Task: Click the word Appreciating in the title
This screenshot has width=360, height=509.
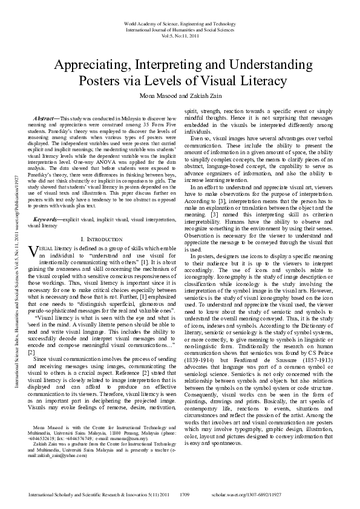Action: pyautogui.click(x=97, y=65)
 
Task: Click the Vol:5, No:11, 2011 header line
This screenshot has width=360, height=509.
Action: pyautogui.click(x=180, y=36)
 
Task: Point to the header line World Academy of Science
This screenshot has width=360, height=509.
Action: pyautogui.click(x=180, y=23)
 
